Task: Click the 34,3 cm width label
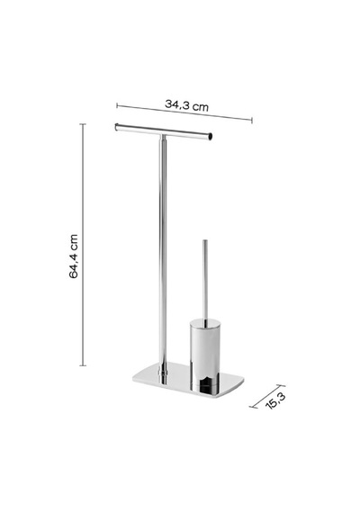186,105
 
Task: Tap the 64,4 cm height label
74,256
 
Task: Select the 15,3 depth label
276,400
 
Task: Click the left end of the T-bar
116,127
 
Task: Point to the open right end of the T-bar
211,137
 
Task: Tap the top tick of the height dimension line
83,124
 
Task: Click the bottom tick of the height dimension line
83,365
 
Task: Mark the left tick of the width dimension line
117,105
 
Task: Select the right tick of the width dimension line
252,120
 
